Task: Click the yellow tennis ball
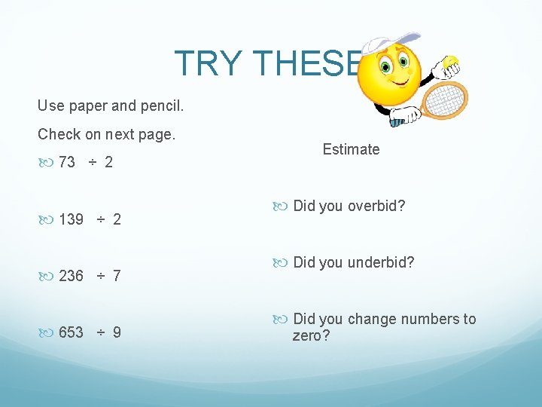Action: [x=451, y=62]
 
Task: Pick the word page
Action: [x=157, y=135]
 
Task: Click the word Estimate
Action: [x=351, y=149]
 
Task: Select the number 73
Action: [x=67, y=162]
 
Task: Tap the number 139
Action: [x=72, y=219]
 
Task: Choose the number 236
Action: [x=72, y=276]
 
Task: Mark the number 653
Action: [x=72, y=332]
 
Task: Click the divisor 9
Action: [x=116, y=332]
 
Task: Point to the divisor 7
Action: [x=116, y=276]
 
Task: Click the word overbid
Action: [x=376, y=206]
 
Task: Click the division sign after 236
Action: [x=100, y=276]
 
